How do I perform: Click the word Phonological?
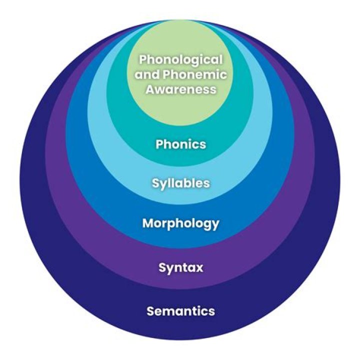180,59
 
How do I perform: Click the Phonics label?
180,144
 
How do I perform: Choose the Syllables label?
180,183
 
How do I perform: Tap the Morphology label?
180,223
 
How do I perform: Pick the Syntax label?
180,267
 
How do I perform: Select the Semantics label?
180,311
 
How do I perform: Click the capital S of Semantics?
150,311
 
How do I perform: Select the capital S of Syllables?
155,183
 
